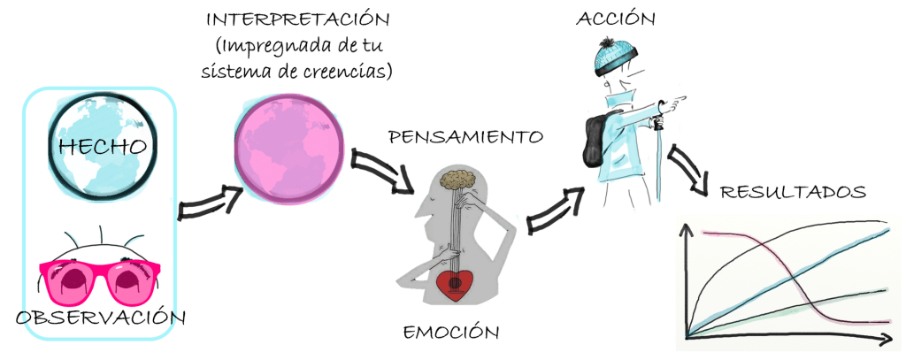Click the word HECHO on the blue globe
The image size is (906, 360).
click(x=101, y=146)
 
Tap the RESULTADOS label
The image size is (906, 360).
click(x=792, y=192)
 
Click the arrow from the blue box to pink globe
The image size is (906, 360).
click(x=211, y=203)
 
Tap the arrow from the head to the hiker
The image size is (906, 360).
click(x=555, y=209)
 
